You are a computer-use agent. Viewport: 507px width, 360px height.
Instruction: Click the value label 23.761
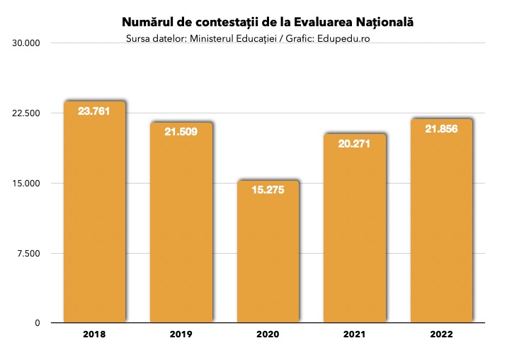coord(94,111)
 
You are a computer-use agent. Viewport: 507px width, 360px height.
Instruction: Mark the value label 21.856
coord(441,129)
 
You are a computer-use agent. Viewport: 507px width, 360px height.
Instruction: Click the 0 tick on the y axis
coord(37,323)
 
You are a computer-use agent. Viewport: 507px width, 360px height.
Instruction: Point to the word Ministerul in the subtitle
coord(212,38)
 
